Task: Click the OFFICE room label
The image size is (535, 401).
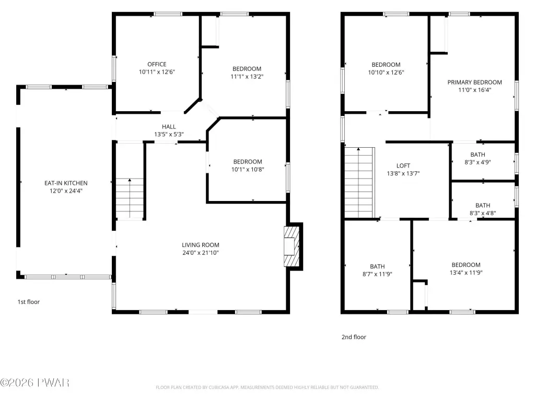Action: pos(157,64)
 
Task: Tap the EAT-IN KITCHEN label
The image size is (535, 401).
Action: pos(66,183)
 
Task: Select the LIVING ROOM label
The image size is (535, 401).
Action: pos(201,245)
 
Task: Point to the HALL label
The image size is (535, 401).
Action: pos(169,126)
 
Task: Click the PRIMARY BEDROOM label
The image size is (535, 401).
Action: pos(474,82)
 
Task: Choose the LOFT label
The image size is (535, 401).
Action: pos(403,166)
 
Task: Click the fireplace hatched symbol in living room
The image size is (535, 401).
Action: pos(292,246)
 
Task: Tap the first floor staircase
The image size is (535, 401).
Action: pos(130,198)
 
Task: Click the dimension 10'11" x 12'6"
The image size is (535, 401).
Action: pos(157,72)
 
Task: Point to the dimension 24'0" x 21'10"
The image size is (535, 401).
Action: pos(201,253)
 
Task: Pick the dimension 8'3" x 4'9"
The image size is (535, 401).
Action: pos(478,162)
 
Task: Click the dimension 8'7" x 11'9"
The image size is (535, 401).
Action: pos(377,274)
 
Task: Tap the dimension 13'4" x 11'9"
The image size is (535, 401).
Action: pos(466,273)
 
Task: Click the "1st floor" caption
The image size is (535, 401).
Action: pos(29,302)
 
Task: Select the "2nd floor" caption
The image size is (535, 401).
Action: pos(354,337)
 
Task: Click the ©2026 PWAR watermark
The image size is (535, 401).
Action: pos(35,383)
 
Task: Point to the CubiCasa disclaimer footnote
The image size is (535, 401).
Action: pos(267,387)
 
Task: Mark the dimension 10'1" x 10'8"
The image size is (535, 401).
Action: pos(248,170)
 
